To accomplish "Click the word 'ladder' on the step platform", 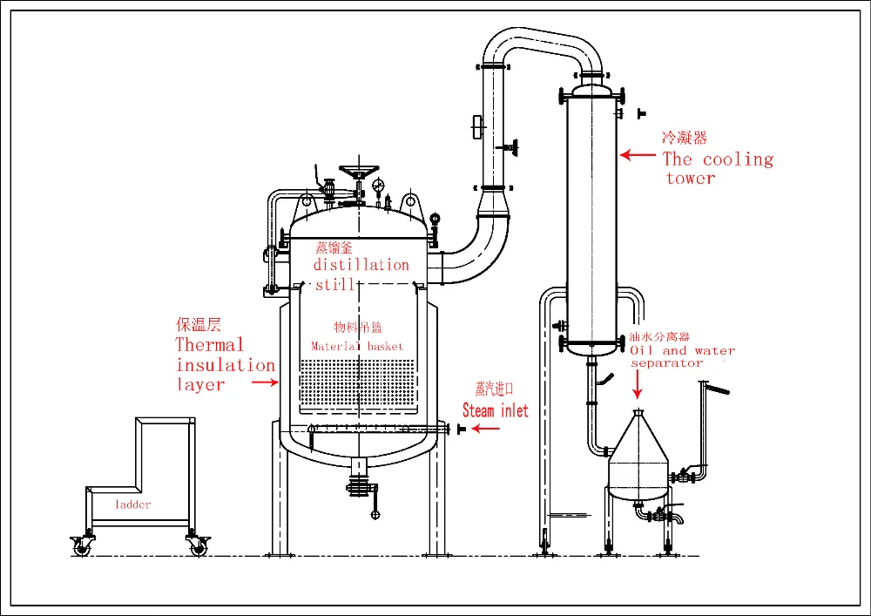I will (x=132, y=504).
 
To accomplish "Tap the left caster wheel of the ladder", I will (x=81, y=546).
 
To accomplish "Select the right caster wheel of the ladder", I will (x=196, y=546).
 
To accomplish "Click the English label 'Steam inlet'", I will (x=495, y=410).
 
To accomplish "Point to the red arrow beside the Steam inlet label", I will (x=478, y=430).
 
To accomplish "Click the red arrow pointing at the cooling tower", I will (x=638, y=155).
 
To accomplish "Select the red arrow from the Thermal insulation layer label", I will (x=265, y=381).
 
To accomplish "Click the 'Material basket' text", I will (x=357, y=346).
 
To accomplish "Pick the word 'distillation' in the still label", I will (x=361, y=265).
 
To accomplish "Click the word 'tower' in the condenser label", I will (x=691, y=179).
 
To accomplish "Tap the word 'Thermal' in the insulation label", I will (x=210, y=344).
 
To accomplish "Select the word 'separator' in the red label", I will (x=666, y=362).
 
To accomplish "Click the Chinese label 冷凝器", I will (x=685, y=138).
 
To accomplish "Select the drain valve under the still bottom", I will (x=358, y=484).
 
